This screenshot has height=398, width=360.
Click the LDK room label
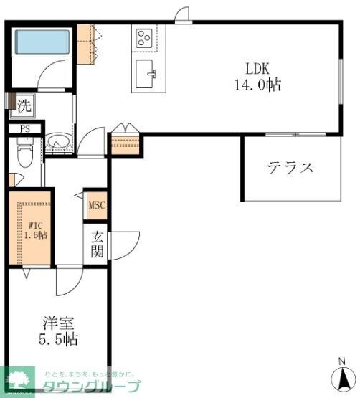pyautogui.click(x=257, y=70)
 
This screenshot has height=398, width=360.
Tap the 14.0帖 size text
pyautogui.click(x=257, y=85)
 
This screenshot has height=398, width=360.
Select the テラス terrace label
pyautogui.click(x=290, y=168)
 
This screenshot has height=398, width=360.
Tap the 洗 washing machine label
pyautogui.click(x=24, y=104)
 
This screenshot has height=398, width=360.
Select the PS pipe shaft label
pyautogui.click(x=25, y=129)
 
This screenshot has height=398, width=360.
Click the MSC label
pyautogui.click(x=96, y=206)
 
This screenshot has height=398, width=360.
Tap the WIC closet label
pyautogui.click(x=33, y=224)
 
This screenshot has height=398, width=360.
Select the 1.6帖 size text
pyautogui.click(x=33, y=235)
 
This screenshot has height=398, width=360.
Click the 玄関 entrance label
pyautogui.click(x=97, y=245)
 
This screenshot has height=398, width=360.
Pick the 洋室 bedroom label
pyautogui.click(x=58, y=323)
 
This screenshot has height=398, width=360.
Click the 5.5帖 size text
pyautogui.click(x=58, y=339)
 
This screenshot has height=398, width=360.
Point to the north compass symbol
pyautogui.click(x=341, y=376)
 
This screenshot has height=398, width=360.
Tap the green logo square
pyautogui.click(x=19, y=381)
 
